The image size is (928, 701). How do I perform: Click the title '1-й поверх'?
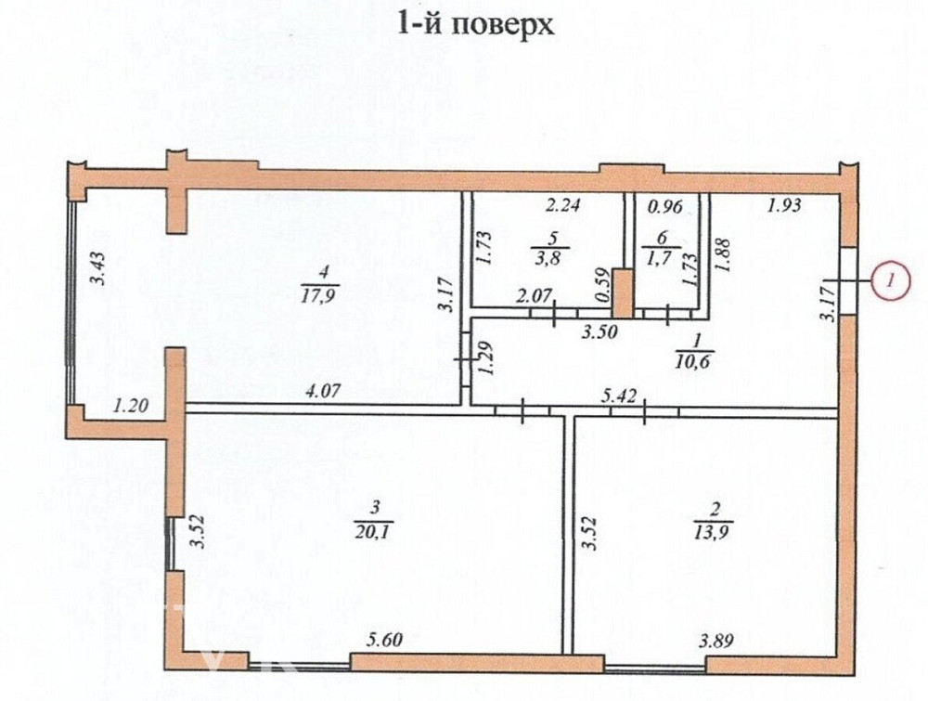point(475,23)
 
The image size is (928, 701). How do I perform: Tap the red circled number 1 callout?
point(891,279)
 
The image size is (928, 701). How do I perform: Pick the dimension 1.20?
point(130,405)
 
